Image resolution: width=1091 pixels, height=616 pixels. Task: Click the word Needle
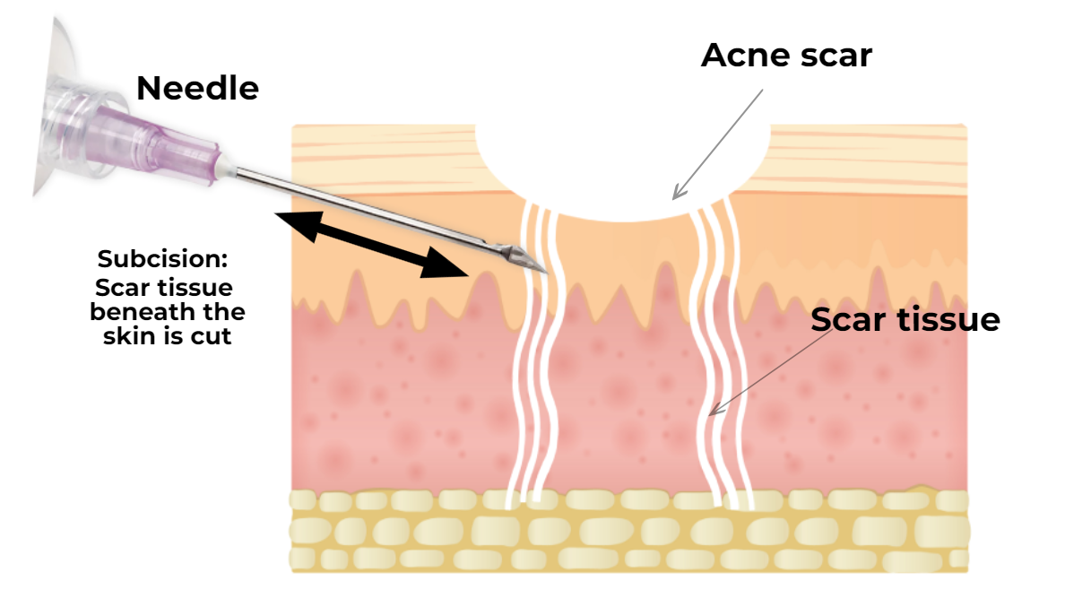point(198,88)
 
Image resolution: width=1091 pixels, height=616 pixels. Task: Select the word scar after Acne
point(836,56)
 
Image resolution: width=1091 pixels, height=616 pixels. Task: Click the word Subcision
point(162,259)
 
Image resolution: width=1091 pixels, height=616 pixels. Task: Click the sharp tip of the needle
point(548,273)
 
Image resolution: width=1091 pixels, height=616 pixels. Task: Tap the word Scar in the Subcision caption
point(121,288)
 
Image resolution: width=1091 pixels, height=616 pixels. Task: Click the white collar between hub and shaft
point(227,168)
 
